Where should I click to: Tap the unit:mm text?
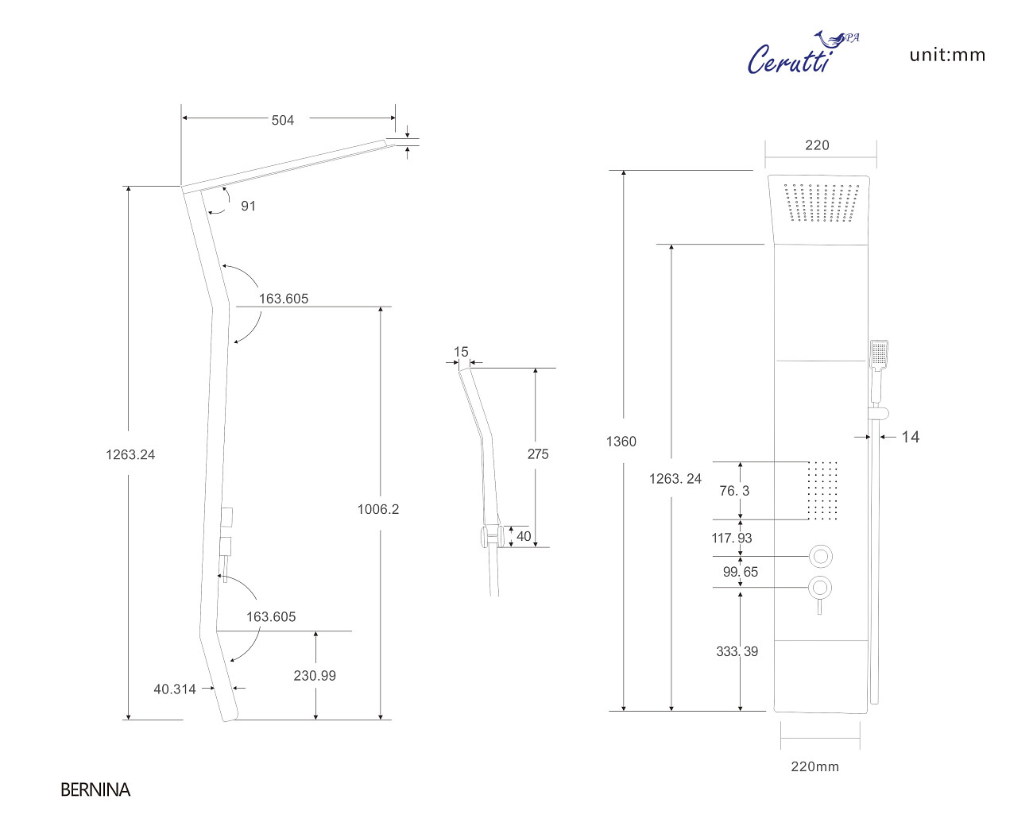click(947, 55)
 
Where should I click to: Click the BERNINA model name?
click(95, 789)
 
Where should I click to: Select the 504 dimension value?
click(282, 120)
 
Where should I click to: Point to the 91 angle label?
click(248, 206)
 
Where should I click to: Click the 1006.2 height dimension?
click(377, 509)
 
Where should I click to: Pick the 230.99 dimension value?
click(315, 675)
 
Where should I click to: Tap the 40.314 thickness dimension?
click(175, 689)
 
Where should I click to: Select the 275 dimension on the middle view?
click(538, 454)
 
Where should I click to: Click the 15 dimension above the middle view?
click(461, 351)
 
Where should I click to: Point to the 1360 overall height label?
click(621, 442)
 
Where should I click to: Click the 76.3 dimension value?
click(734, 490)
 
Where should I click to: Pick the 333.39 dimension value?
click(737, 651)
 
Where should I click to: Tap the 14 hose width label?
click(910, 437)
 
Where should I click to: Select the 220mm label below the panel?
click(814, 766)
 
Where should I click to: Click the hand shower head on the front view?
click(879, 354)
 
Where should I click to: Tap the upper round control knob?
click(820, 556)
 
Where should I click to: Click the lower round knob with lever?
click(820, 589)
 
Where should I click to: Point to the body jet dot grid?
click(822, 490)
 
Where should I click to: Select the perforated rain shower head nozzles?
click(822, 203)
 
